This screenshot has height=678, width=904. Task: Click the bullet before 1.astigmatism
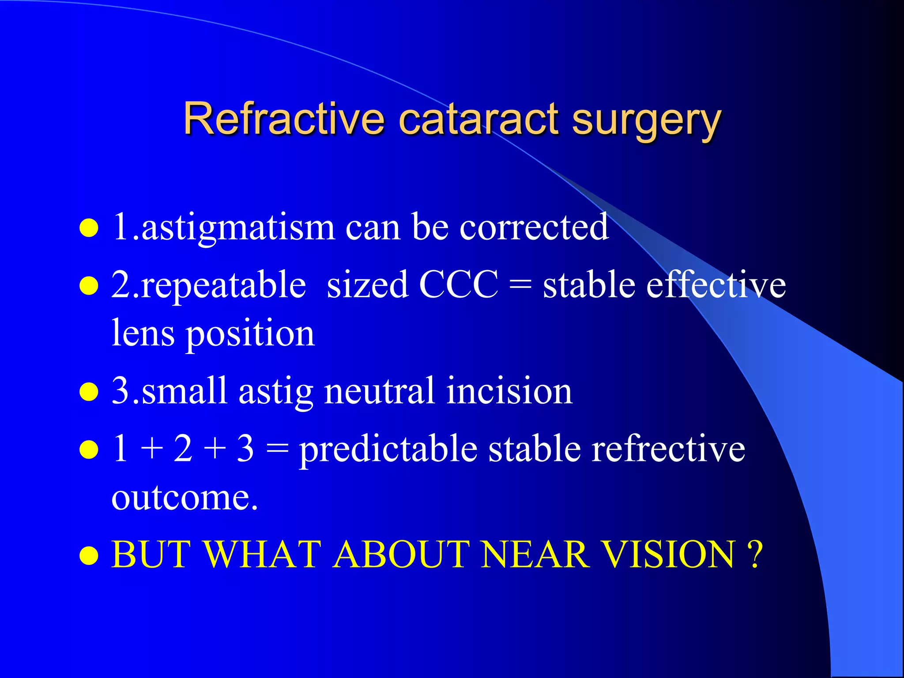coord(89,228)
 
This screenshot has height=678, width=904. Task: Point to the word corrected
coord(534,227)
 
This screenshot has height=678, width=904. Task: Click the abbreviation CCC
coord(459,285)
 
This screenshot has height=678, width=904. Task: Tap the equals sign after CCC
coord(520,286)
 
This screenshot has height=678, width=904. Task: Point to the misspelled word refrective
coord(668,449)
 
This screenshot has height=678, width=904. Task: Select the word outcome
coord(185,497)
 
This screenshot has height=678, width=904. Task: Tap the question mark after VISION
coord(755,554)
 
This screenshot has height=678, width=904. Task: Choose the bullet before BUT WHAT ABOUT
coord(89,556)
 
